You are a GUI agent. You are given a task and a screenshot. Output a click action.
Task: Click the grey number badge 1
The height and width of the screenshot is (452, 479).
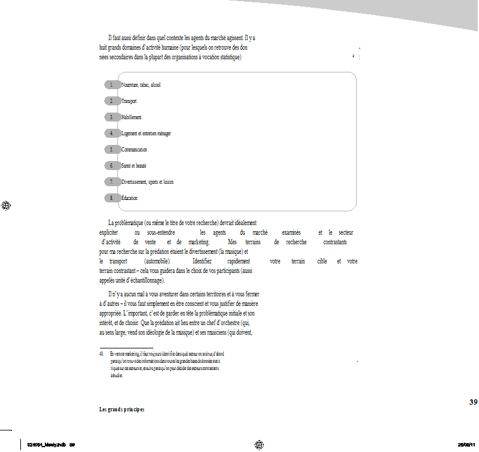tap(112, 85)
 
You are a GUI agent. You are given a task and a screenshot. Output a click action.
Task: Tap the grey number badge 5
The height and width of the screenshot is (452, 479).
tap(112, 149)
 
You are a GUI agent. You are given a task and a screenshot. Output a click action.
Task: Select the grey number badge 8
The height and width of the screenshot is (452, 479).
tap(112, 198)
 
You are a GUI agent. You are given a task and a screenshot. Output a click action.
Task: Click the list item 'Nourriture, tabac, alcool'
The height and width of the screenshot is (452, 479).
tap(141, 85)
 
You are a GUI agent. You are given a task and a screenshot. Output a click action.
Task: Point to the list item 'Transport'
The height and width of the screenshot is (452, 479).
tap(129, 101)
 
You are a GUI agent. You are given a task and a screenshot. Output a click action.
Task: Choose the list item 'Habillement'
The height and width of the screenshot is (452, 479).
tap(131, 117)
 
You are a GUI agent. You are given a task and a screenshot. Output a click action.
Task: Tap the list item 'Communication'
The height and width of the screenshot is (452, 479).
tap(134, 149)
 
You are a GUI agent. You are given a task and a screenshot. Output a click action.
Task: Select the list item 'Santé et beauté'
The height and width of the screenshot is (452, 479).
tap(134, 165)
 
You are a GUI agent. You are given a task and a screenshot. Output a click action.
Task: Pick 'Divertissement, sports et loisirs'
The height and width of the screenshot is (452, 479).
tap(147, 181)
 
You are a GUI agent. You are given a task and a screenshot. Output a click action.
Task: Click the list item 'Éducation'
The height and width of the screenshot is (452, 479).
tap(129, 198)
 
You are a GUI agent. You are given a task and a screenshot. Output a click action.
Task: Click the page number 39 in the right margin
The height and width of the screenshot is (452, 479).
tap(473, 402)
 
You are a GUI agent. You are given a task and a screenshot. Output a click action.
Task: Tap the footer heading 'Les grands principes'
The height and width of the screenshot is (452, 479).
tap(122, 409)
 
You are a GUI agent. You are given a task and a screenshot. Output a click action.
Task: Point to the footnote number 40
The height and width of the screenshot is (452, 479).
tap(101, 354)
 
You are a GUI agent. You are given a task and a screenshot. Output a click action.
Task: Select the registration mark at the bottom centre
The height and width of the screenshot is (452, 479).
tap(259, 444)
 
